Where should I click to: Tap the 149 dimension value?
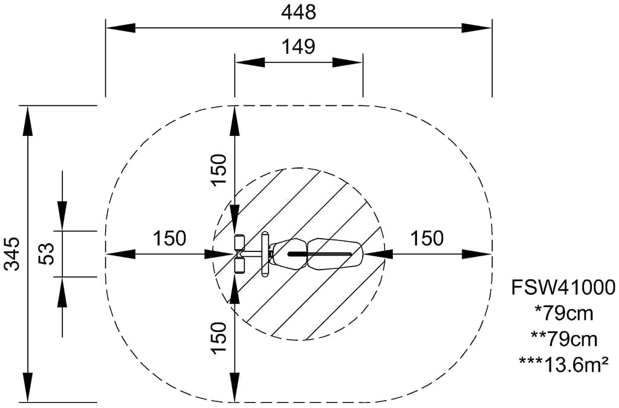coord(299,47)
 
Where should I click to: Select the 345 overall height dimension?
coord(13,254)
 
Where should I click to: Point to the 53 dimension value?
coord(46,254)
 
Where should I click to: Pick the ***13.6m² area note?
coord(563,364)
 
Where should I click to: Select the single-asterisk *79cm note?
coord(563,313)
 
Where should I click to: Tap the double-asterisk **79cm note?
coord(563,339)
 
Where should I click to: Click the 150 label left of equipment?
coord(169,238)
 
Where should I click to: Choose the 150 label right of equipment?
coord(427,238)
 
